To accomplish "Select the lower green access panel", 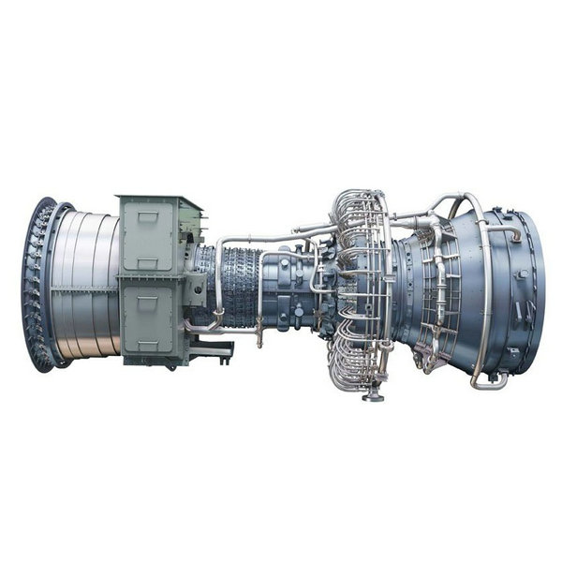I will (148, 316).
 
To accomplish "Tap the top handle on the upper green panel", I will (148, 215).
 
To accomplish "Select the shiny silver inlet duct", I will (89, 281).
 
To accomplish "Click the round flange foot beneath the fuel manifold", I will (373, 395).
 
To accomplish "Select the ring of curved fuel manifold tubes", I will (361, 290).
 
